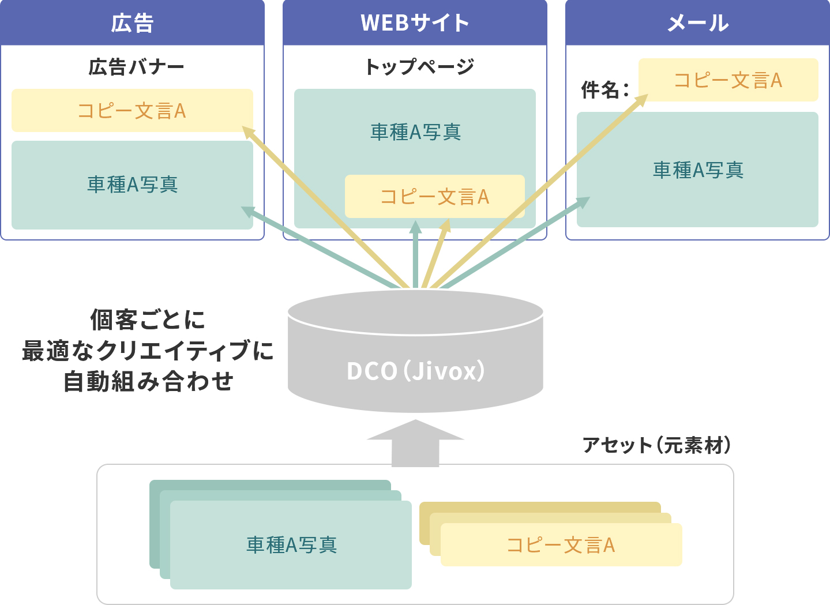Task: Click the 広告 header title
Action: point(132,23)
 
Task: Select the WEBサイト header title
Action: point(415,23)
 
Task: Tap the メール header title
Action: point(697,23)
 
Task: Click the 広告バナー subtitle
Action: point(136,67)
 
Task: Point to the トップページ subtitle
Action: point(419,67)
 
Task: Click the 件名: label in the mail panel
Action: point(604,90)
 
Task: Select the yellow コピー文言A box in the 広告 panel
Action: point(132,110)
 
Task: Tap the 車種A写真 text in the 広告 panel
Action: point(133,185)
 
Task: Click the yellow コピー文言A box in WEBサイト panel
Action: point(434,197)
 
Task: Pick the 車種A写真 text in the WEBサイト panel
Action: point(415,132)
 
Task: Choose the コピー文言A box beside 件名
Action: point(728,80)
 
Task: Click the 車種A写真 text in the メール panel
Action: point(698,170)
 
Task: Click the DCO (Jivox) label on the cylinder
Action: point(415,371)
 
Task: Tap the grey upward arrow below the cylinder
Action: point(415,443)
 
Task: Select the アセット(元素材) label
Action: point(656,445)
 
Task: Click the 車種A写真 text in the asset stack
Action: point(291,544)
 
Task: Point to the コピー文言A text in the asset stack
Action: point(561,545)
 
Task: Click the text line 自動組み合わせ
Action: point(148,382)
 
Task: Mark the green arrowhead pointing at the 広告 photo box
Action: point(247,211)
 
